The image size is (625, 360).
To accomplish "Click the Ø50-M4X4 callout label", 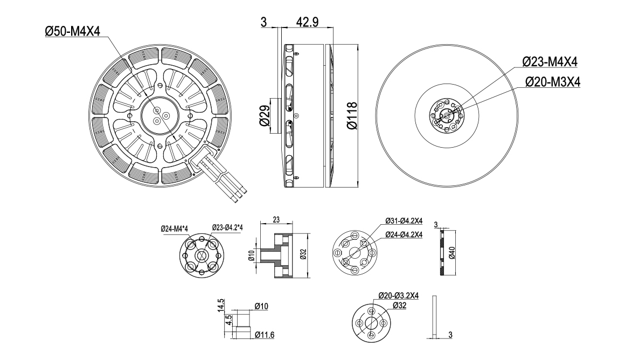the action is (x=73, y=31).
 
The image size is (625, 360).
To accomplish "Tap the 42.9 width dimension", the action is (x=307, y=22).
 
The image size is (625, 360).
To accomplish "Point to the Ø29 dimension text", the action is (x=264, y=116).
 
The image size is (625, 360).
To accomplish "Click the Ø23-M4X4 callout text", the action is (x=550, y=62).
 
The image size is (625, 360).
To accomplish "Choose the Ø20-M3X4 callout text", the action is (x=552, y=82).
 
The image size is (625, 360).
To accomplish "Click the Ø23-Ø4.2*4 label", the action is (x=227, y=227).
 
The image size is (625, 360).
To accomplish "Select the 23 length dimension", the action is (x=276, y=219).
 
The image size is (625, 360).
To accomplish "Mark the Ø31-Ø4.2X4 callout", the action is (x=404, y=221).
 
